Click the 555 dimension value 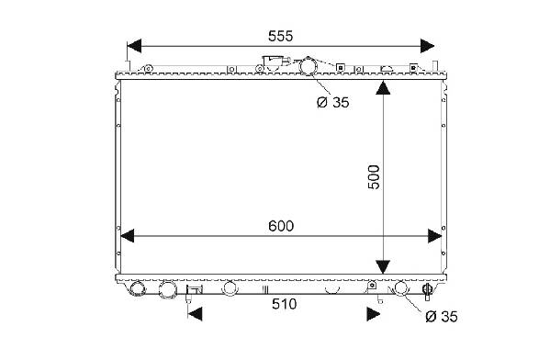tap(280, 36)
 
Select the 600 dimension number tap(281, 226)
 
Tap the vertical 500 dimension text tap(374, 177)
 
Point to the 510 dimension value tap(284, 304)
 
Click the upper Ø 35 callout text tap(333, 103)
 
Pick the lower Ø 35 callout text tap(442, 317)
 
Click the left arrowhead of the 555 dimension tap(134, 46)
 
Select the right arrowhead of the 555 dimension tap(427, 46)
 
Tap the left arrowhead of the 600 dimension tap(128, 235)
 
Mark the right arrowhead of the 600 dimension tap(434, 236)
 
